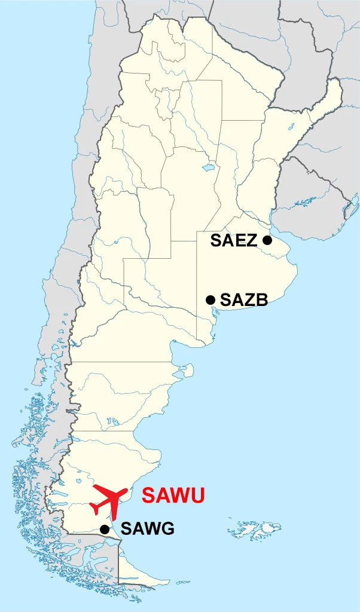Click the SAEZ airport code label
[x=233, y=241]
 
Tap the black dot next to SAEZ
[x=267, y=240]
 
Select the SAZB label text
[x=244, y=300]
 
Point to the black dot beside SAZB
[x=210, y=299]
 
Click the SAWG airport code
[x=147, y=529]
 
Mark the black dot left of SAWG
[x=105, y=529]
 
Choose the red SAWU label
[x=173, y=495]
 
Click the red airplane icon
[x=109, y=500]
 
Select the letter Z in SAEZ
[x=251, y=241]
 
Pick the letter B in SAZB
[x=261, y=300]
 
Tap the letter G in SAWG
[x=167, y=529]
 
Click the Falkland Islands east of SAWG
[x=254, y=530]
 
